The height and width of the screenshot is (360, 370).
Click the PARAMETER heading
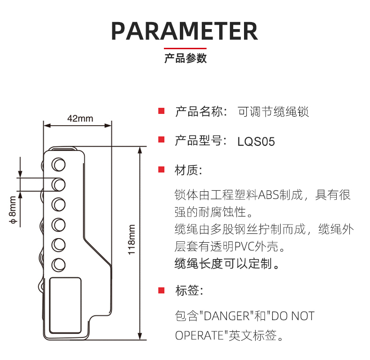(x=185, y=30)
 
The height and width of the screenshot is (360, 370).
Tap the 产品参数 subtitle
(x=185, y=59)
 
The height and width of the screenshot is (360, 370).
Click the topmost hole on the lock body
(x=59, y=164)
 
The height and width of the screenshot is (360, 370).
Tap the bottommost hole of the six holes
(x=59, y=264)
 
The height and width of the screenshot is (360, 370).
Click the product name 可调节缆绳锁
(x=274, y=112)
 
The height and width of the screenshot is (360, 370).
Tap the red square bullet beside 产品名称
(x=161, y=112)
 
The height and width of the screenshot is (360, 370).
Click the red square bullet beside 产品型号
(x=161, y=140)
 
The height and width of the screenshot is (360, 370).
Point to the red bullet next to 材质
(x=161, y=169)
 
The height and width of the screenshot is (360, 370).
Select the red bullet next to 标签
(x=161, y=290)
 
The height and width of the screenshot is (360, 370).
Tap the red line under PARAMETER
(x=185, y=49)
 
